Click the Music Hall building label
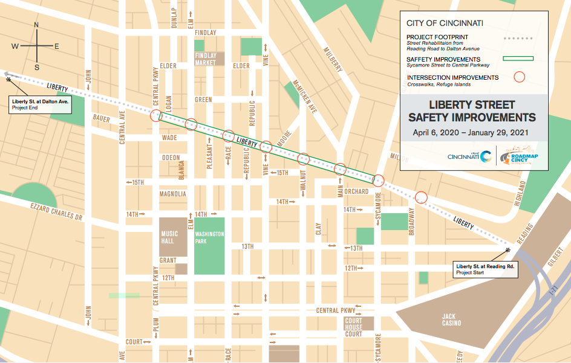[x=169, y=237]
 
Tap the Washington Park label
[x=209, y=237]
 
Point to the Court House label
[x=353, y=323]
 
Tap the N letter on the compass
[x=36, y=25]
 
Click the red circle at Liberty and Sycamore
[x=379, y=179]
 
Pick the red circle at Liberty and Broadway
[x=421, y=197]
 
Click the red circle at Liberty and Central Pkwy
[x=156, y=115]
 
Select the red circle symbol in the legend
[x=518, y=77]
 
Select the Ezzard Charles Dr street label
[x=56, y=211]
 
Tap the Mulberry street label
[x=332, y=59]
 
